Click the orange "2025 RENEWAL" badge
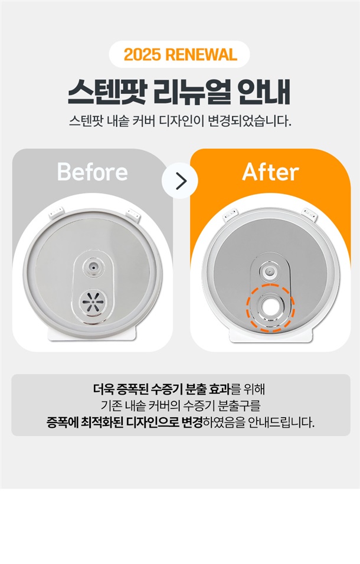(x=180, y=54)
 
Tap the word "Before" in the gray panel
(x=93, y=172)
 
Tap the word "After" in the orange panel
(x=270, y=172)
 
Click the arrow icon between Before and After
(x=180, y=181)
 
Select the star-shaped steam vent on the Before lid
(x=93, y=300)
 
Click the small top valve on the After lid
(x=270, y=270)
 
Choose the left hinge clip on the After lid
(x=229, y=215)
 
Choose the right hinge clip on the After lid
(x=310, y=214)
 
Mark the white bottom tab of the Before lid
(x=93, y=333)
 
